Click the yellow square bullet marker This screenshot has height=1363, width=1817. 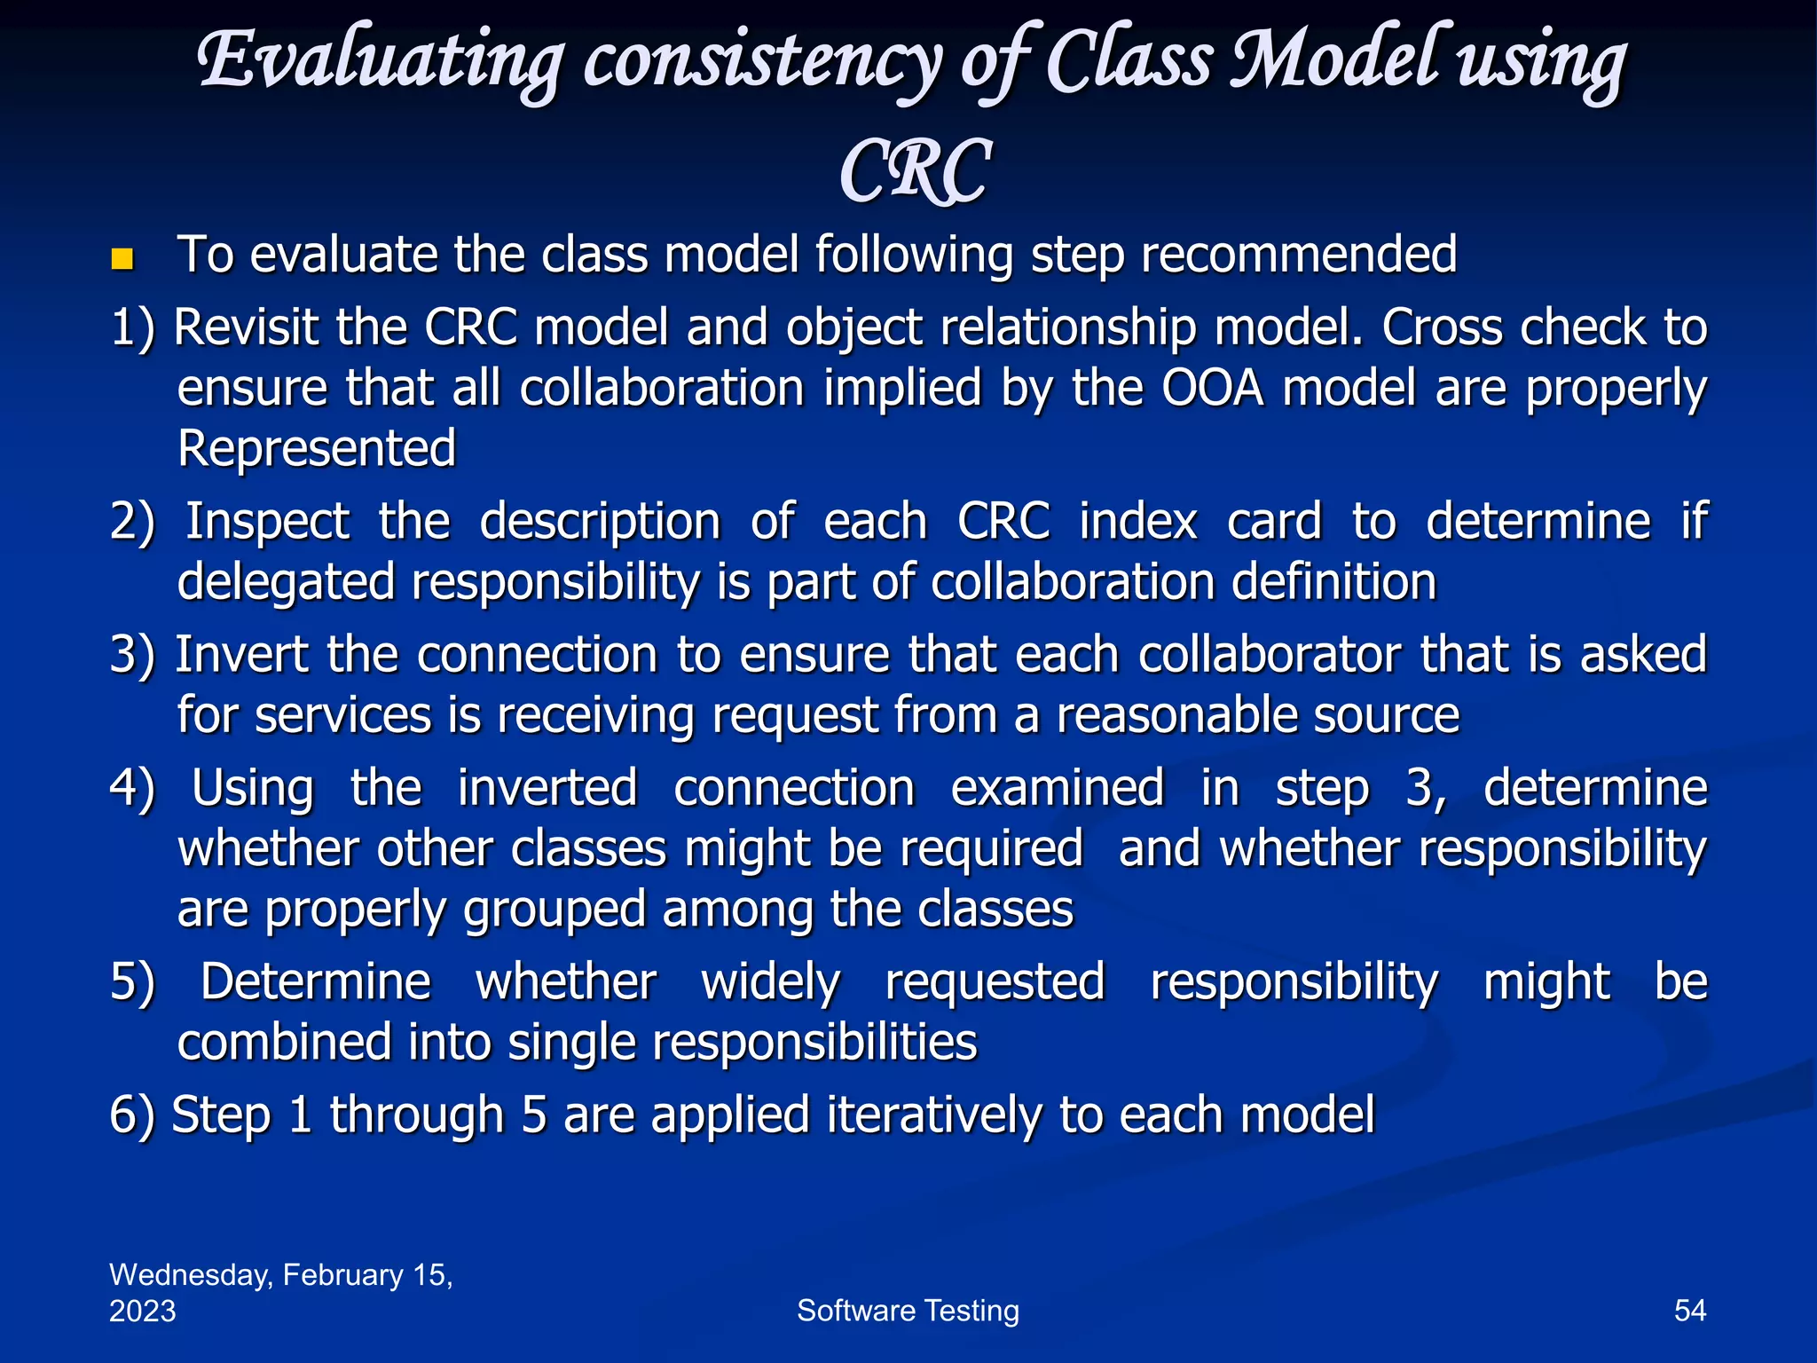point(122,259)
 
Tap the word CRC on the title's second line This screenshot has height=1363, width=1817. point(914,172)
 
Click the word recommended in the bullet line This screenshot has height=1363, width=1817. point(1298,255)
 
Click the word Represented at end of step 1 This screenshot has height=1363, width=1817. point(317,448)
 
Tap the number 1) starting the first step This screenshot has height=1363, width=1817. point(132,327)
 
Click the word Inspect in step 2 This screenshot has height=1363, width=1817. point(267,521)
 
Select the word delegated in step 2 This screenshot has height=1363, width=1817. point(286,582)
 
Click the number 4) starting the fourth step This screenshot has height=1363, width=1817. point(132,787)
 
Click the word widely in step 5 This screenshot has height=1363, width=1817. point(770,981)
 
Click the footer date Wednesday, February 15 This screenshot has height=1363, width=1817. point(280,1275)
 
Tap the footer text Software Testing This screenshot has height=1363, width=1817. point(908,1311)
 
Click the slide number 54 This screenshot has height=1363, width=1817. point(1689,1311)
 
